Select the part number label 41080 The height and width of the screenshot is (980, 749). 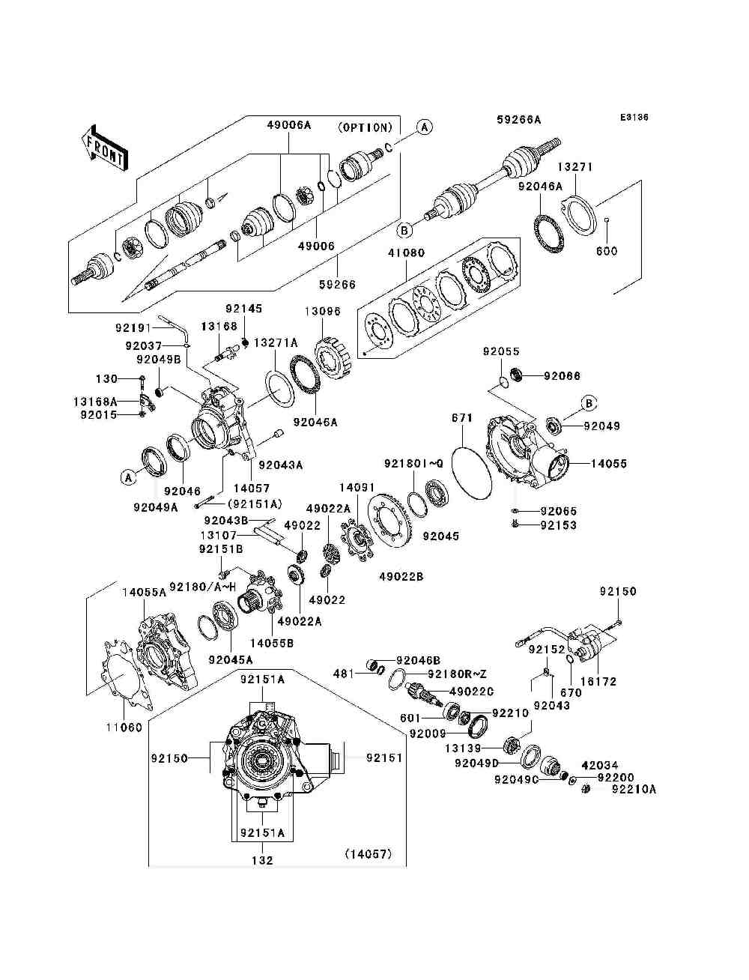pos(406,252)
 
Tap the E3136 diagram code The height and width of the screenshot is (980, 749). pos(634,118)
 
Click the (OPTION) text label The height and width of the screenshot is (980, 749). pos(365,127)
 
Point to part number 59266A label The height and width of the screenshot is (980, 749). pos(518,120)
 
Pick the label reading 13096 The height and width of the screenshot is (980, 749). pos(323,311)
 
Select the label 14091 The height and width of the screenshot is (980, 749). pos(357,488)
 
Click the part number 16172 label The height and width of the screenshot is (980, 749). pos(598,682)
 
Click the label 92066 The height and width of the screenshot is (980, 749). pos(562,376)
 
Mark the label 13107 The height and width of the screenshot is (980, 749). pos(219,535)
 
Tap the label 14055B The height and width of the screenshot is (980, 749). pos(272,643)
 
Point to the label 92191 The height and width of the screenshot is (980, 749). pos(134,327)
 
